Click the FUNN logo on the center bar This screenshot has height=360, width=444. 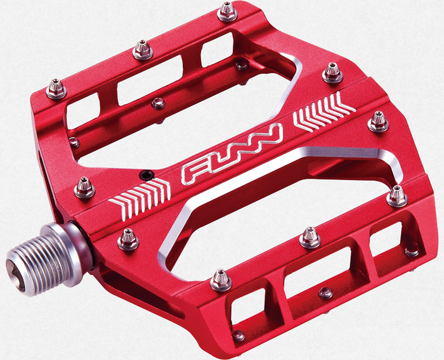pos(232,153)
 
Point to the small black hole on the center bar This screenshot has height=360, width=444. pos(146,175)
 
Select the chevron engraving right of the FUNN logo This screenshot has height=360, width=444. pos(323,111)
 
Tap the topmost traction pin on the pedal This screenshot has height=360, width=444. pos(227,11)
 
